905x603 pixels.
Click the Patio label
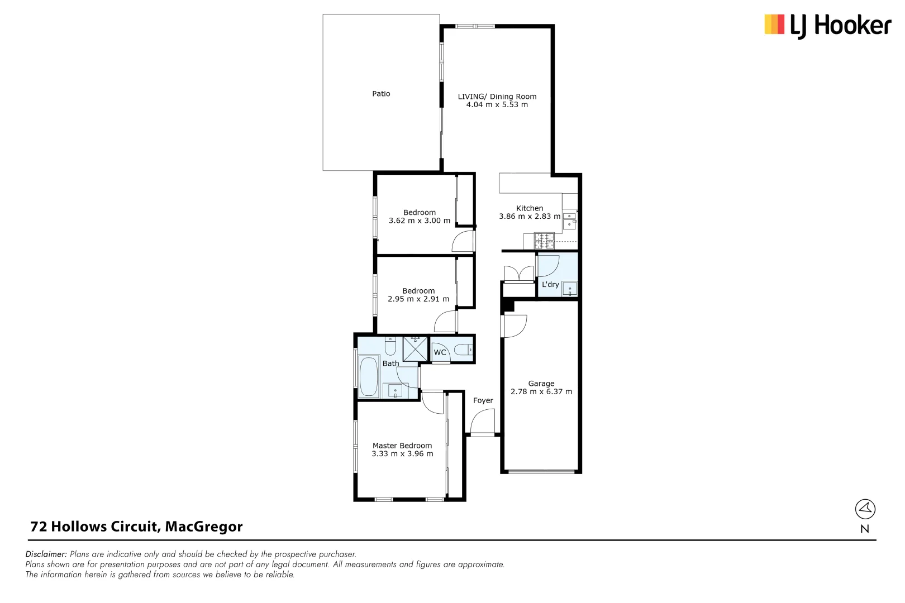point(381,94)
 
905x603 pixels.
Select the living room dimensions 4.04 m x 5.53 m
point(497,105)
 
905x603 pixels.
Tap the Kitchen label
point(529,208)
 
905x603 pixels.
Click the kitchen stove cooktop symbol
point(544,241)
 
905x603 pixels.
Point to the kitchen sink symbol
point(569,220)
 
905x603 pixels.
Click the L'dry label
point(550,285)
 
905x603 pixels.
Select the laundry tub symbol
point(570,289)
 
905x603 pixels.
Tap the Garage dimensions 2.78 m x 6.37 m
point(541,392)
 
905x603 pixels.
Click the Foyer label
point(483,401)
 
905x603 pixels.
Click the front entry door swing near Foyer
point(483,422)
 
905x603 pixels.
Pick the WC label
point(440,353)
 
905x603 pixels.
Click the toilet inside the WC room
point(463,351)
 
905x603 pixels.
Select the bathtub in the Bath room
point(368,376)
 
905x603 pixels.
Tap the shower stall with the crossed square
point(415,349)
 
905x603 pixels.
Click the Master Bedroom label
point(402,446)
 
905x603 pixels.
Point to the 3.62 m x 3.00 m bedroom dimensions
point(419,221)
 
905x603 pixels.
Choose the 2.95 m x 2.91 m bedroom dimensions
point(418,299)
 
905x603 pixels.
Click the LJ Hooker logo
point(827,25)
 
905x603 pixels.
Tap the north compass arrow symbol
point(865,509)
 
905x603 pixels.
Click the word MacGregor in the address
point(203,527)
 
